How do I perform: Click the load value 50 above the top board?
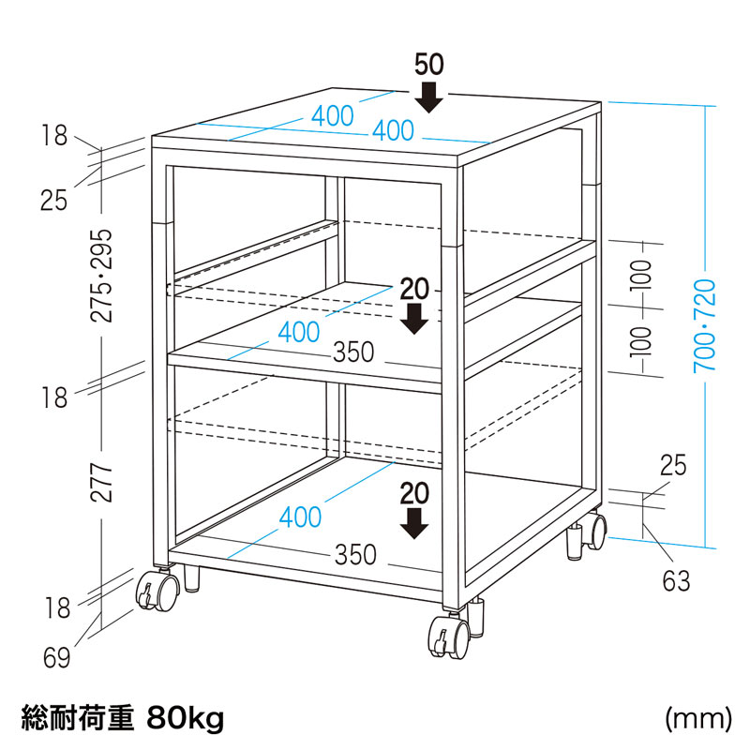[x=429, y=65]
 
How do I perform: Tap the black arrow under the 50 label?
[x=428, y=97]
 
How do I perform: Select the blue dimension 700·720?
[x=705, y=325]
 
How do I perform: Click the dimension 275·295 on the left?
[x=101, y=275]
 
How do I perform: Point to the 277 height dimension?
[x=101, y=482]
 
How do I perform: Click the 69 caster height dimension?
[x=56, y=658]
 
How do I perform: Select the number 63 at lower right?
[x=676, y=581]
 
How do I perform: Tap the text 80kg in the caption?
[x=185, y=718]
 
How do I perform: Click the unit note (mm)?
[x=698, y=718]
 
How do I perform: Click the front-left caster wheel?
[x=157, y=592]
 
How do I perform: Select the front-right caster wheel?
[x=449, y=637]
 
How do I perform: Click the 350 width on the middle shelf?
[x=353, y=352]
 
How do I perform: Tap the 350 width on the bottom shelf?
[x=355, y=555]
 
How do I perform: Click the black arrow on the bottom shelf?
[x=414, y=524]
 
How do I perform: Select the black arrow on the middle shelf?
[x=414, y=319]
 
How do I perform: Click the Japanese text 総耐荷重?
[x=78, y=718]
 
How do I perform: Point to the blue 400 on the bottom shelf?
[x=300, y=517]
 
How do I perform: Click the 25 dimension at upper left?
[x=53, y=201]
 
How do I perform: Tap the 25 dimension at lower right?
[x=673, y=465]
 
